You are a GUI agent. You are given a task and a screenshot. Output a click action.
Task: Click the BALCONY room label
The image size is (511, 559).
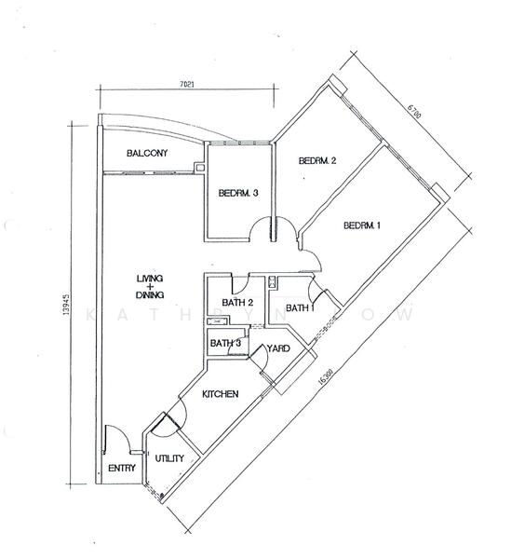147,154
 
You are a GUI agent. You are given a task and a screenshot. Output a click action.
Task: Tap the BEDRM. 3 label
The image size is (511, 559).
238,193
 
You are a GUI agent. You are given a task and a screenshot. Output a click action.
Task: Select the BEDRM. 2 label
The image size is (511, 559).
317,161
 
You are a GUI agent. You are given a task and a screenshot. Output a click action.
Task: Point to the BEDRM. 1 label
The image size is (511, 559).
362,225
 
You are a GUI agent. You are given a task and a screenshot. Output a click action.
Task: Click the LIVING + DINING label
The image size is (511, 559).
150,287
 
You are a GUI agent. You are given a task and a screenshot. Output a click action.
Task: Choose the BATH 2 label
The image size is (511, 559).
237,303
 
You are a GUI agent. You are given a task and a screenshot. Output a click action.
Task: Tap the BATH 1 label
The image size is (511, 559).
301,308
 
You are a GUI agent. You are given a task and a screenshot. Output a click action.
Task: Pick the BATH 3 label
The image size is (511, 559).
225,343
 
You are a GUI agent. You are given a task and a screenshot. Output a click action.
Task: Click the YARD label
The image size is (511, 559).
278,348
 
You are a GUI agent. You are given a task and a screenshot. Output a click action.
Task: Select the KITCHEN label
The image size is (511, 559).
220,394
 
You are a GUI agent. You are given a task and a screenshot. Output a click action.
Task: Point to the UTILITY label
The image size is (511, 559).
169,458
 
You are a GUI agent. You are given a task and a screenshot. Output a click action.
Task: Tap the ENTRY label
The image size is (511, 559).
122,468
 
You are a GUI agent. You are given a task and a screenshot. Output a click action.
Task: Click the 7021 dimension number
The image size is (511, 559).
187,85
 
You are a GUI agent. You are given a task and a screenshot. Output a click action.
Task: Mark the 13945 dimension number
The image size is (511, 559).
65,304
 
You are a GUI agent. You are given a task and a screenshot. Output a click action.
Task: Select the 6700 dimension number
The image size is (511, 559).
414,111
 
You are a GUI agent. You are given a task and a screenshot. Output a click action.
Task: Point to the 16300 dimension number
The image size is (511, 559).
325,376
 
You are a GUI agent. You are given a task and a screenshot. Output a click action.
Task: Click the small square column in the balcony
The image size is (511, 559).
199,168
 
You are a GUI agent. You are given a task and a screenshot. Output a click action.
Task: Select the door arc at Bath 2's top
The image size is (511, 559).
243,286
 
